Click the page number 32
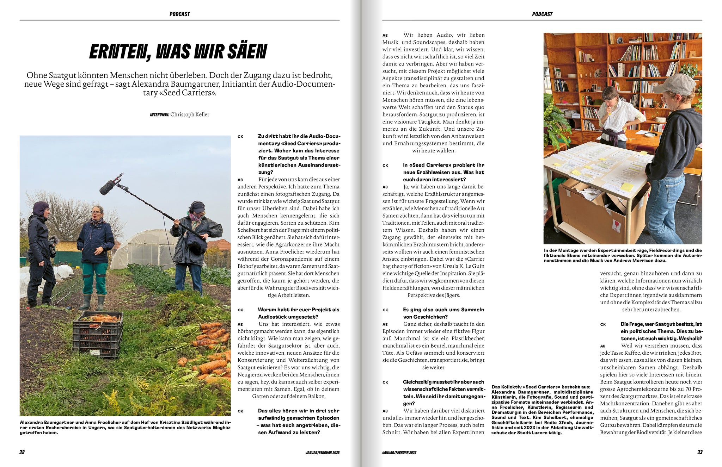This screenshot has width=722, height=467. coord(22,452)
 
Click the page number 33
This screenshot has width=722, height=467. coord(700,452)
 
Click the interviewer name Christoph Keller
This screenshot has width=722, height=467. coord(190,114)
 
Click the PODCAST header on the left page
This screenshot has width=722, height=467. coord(179,14)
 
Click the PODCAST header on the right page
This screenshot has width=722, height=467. coord(542,14)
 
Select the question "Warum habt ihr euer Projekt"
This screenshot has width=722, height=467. coord(298,313)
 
